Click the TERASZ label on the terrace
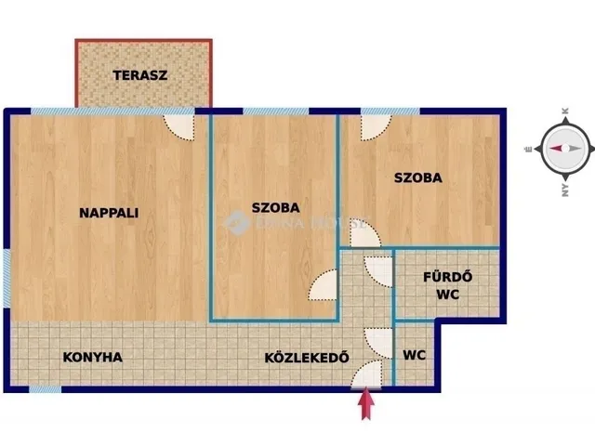pyautogui.click(x=141, y=75)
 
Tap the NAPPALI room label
pyautogui.click(x=109, y=212)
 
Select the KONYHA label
pyautogui.click(x=93, y=357)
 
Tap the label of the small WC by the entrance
pyautogui.click(x=415, y=355)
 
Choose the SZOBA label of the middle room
pyautogui.click(x=276, y=208)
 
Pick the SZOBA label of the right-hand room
pyautogui.click(x=417, y=177)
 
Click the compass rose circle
pyautogui.click(x=557, y=149)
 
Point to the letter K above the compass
pyautogui.click(x=564, y=111)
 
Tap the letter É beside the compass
pyautogui.click(x=527, y=149)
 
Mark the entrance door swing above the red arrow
pyautogui.click(x=368, y=373)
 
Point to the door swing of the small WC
pyautogui.click(x=380, y=340)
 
